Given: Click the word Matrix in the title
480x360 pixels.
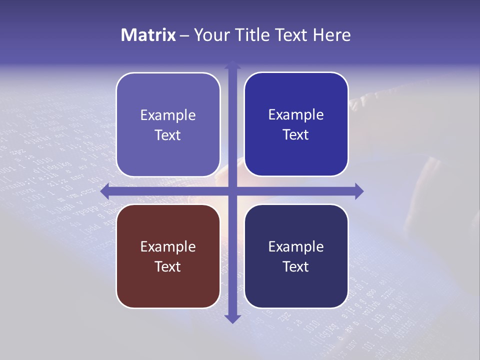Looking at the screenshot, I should pos(148,35).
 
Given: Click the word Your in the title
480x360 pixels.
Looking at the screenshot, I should pos(211,35).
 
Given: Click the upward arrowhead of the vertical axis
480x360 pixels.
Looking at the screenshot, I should pos(232,65).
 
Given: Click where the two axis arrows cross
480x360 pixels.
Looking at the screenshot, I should pos(232,191).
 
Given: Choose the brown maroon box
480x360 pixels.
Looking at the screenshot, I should pos(168,290).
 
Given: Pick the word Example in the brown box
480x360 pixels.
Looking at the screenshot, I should pos(168,246).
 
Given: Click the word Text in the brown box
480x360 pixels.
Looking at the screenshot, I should pos(168,266).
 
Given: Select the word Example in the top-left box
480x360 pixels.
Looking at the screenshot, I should pos(168,115).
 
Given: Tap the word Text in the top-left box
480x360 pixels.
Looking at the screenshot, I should pos(168,135).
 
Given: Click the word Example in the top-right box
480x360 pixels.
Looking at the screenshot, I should pos(296,114).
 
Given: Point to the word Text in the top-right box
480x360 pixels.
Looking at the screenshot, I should pos(296,134).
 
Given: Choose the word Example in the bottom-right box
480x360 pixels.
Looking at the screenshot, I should pos(296,246).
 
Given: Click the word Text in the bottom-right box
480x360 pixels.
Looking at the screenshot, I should pos(296,266).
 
